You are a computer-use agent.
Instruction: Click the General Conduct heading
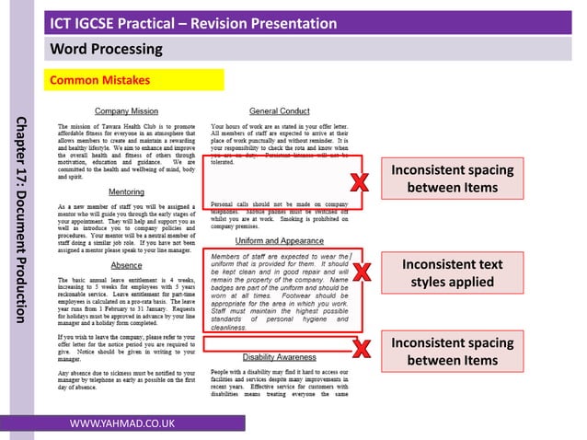coord(280,110)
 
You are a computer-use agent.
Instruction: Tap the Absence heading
coord(126,263)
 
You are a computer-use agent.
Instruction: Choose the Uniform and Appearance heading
coord(280,240)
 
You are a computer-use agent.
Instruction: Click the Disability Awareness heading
coord(280,356)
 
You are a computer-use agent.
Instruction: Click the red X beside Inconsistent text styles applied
coord(362,272)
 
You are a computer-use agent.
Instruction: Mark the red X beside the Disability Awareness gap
coord(362,347)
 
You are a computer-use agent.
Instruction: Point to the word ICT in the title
coord(63,22)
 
